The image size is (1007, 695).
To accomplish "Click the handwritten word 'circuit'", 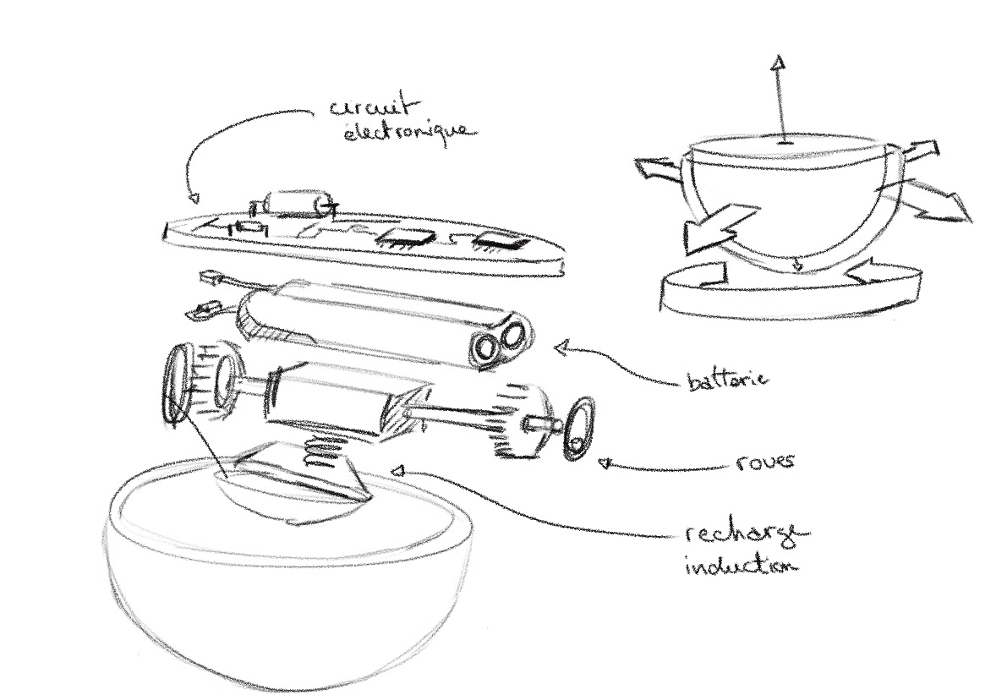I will [x=371, y=107].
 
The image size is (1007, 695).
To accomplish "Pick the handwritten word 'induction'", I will [x=741, y=564].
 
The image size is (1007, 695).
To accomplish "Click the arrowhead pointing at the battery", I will [x=561, y=347].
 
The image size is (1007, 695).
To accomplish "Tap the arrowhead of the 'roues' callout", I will [x=604, y=462].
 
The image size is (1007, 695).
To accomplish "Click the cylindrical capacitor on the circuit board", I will [x=296, y=202].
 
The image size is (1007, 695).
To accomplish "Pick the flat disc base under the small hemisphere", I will [x=791, y=296].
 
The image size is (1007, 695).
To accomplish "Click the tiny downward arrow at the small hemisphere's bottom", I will [x=796, y=267].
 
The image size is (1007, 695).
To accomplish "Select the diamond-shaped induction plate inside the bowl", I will [x=292, y=482].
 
